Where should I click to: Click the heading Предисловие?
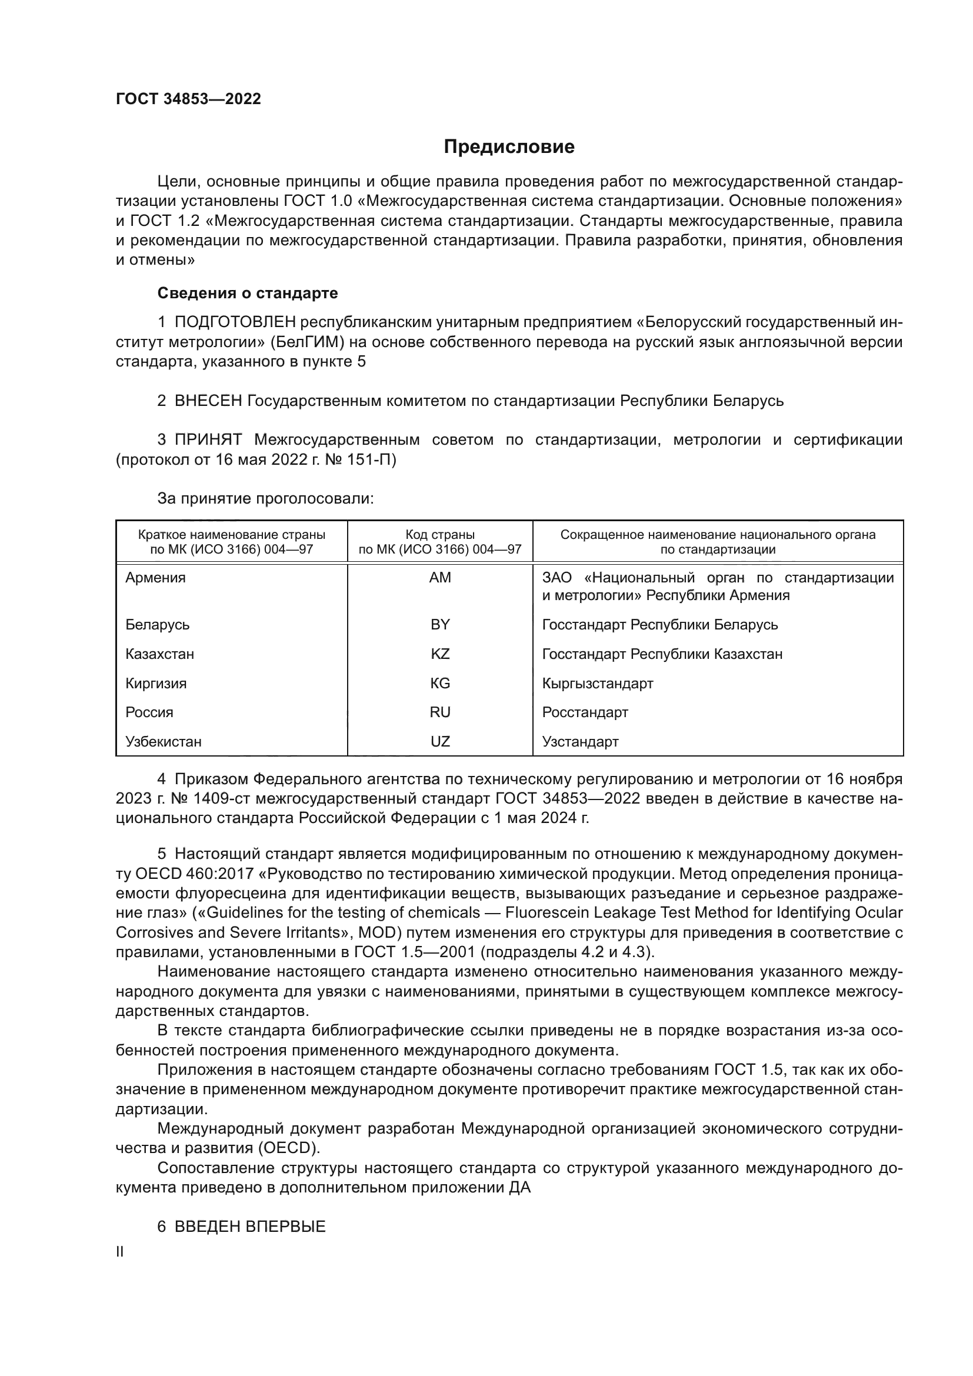pyautogui.click(x=509, y=147)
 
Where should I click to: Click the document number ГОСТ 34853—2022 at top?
pyautogui.click(x=188, y=99)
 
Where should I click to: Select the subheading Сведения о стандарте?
pyautogui.click(x=248, y=293)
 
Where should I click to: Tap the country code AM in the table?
pyautogui.click(x=440, y=578)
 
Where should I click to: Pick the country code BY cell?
pyautogui.click(x=440, y=625)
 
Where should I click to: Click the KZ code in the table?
pyautogui.click(x=440, y=654)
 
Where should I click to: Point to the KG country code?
pyautogui.click(x=440, y=683)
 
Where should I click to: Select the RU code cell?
pyautogui.click(x=440, y=712)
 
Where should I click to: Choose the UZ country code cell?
pyautogui.click(x=440, y=741)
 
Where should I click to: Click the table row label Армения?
pyautogui.click(x=156, y=578)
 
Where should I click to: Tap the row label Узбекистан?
pyautogui.click(x=164, y=741)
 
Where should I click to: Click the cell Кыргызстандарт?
pyautogui.click(x=597, y=683)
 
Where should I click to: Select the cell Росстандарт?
pyautogui.click(x=585, y=712)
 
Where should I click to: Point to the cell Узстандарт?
pyautogui.click(x=580, y=741)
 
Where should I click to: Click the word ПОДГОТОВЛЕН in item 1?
pyautogui.click(x=235, y=322)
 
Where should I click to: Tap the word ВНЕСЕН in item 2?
pyautogui.click(x=207, y=401)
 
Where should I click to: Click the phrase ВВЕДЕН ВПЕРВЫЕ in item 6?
pyautogui.click(x=250, y=1226)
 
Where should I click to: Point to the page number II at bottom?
pyautogui.click(x=120, y=1252)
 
